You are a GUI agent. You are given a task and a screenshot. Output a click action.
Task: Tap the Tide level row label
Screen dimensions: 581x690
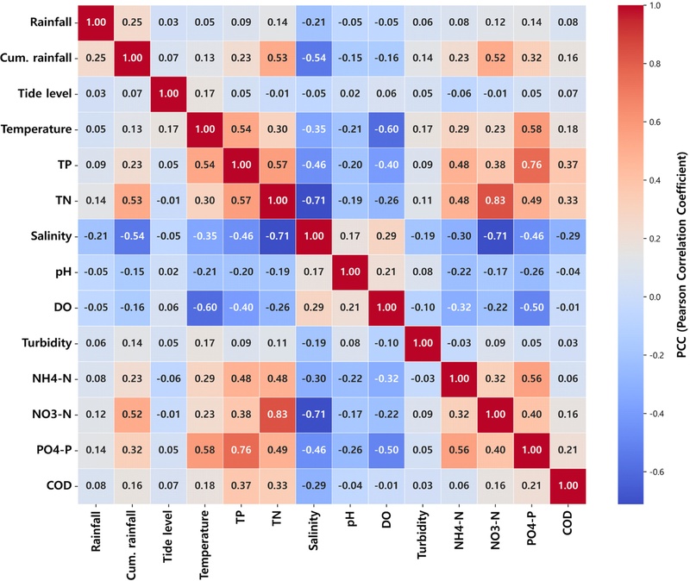[x=38, y=93]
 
